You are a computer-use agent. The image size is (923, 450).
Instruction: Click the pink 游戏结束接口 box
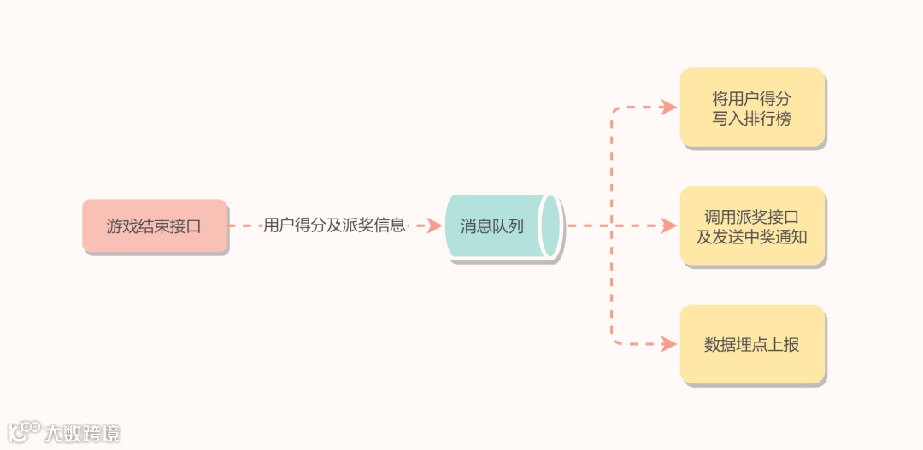click(155, 226)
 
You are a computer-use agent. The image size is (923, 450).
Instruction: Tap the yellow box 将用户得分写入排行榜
click(752, 108)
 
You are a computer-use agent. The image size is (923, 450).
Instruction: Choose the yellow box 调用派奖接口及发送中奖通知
click(752, 226)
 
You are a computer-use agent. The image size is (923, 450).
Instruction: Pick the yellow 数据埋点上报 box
click(752, 345)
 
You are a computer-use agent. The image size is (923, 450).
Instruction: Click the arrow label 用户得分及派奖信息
click(334, 225)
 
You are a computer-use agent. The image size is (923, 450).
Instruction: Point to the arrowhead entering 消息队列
click(434, 226)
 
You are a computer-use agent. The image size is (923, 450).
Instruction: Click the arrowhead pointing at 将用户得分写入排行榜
click(669, 108)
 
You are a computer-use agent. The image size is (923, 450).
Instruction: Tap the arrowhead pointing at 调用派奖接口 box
click(669, 226)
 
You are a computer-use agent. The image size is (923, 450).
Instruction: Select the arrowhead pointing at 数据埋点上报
click(669, 345)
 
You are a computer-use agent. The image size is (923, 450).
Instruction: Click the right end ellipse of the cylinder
click(551, 226)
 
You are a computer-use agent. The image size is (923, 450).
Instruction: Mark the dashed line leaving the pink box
click(244, 226)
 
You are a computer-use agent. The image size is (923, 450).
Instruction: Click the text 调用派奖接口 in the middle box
click(752, 217)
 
